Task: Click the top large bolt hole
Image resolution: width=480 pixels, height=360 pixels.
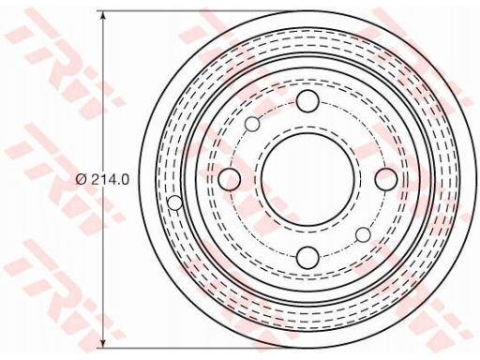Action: [307, 101]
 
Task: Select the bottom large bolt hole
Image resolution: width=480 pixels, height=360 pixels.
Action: [307, 257]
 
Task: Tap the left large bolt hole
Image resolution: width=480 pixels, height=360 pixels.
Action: [230, 179]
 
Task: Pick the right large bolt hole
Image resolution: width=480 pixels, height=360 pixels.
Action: [386, 179]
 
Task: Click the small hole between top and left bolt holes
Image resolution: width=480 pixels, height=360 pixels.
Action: [252, 124]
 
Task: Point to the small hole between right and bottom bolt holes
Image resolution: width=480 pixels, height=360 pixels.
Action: [363, 234]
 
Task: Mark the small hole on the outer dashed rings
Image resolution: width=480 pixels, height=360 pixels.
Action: [175, 202]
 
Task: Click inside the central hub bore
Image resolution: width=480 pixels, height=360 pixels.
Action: [307, 179]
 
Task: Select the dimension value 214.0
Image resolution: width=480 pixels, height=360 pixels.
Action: [110, 180]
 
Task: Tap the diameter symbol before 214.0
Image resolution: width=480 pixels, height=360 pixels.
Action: [81, 180]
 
